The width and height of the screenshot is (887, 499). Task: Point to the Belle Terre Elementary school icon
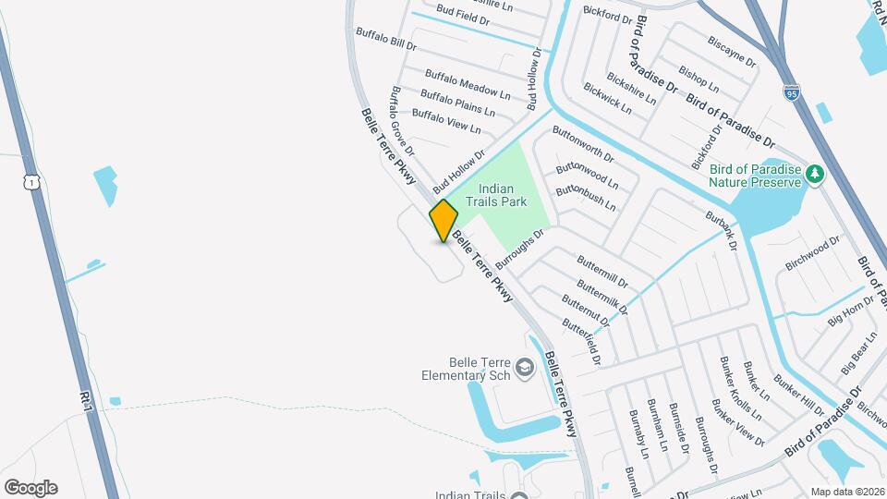point(525,370)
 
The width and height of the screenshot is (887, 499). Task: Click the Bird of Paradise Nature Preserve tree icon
point(814,174)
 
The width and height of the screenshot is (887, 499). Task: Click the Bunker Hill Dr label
point(799,396)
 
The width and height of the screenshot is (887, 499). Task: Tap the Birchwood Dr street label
point(812,252)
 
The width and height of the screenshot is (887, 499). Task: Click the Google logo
point(30,488)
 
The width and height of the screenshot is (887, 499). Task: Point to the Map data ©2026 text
point(847,492)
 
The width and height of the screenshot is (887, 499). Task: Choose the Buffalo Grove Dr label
point(403,120)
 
